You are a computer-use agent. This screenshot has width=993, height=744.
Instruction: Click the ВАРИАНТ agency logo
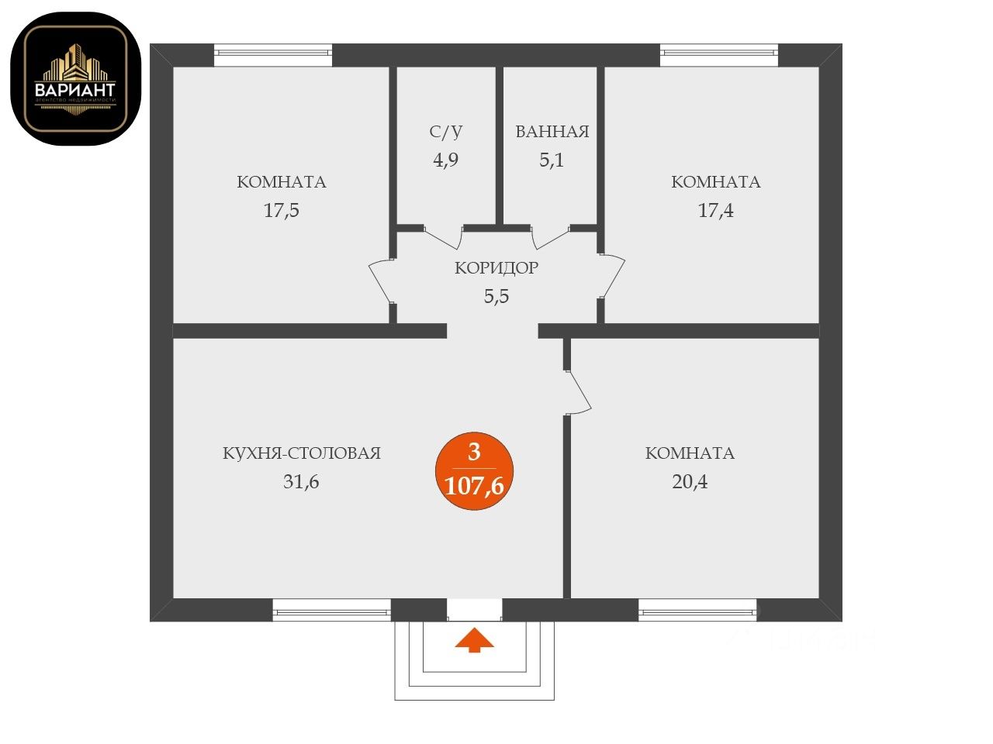[75, 78]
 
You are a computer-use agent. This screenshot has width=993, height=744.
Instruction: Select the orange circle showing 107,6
[473, 472]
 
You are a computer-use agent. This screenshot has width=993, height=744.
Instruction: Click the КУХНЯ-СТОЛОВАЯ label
[302, 453]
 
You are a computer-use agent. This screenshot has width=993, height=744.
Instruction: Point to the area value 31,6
[301, 482]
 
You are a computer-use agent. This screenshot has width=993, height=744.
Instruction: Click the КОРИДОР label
[496, 268]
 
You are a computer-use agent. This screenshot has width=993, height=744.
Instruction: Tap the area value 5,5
[496, 297]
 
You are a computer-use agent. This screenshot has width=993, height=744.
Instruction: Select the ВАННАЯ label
[552, 132]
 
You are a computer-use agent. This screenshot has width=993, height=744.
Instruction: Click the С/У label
[445, 132]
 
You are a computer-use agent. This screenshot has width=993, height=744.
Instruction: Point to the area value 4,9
[445, 160]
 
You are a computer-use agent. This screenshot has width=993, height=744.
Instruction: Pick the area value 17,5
[281, 210]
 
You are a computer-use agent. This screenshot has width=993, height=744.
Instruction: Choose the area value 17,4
[715, 210]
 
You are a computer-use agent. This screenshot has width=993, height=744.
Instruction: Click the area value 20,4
[690, 482]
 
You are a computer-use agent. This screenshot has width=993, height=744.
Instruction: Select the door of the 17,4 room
[613, 276]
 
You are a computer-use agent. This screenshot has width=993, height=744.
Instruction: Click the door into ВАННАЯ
[552, 237]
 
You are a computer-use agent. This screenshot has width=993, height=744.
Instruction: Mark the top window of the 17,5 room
[273, 53]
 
